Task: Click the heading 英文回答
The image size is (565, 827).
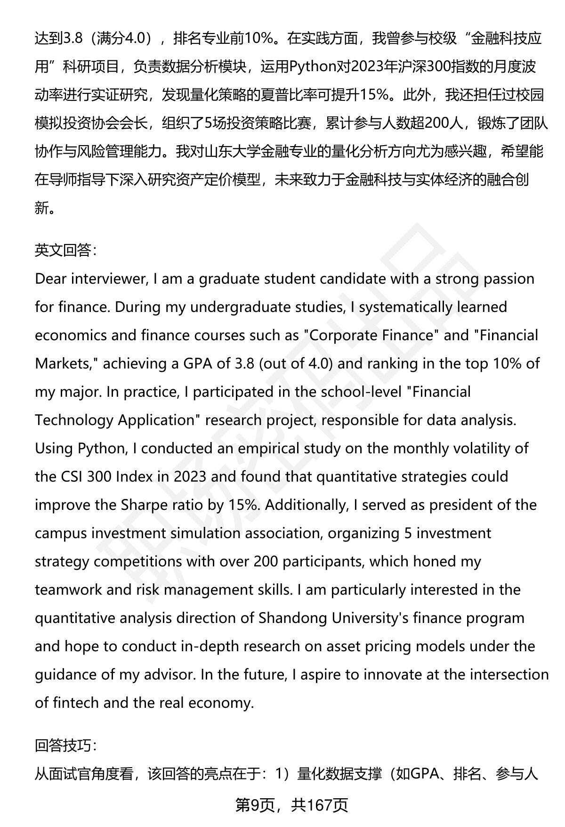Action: [x=65, y=250]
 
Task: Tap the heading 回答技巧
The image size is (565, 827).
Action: [x=65, y=745]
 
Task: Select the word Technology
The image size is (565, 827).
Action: [x=74, y=420]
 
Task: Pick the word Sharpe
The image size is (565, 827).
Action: [x=144, y=505]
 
